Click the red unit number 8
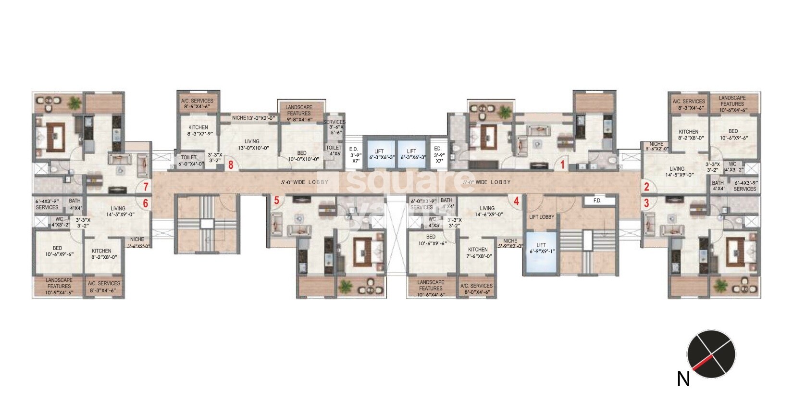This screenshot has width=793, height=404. [231, 165]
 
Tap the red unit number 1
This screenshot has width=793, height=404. [561, 165]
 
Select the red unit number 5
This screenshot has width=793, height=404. [276, 201]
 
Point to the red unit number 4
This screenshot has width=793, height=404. [516, 201]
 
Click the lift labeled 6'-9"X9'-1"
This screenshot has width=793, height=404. [541, 252]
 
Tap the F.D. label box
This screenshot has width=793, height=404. [597, 201]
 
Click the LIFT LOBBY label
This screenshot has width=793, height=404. [542, 217]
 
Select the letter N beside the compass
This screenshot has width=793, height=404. [683, 379]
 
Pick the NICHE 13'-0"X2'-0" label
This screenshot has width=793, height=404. [253, 118]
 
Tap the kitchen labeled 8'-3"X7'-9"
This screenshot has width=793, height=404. [198, 130]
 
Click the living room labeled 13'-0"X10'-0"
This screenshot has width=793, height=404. [252, 145]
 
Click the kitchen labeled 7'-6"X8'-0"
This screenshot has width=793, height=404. [478, 252]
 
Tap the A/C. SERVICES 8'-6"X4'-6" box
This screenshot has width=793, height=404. [197, 104]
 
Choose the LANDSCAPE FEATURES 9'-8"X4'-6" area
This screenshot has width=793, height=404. [299, 114]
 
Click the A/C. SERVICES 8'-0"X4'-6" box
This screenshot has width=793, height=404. [476, 289]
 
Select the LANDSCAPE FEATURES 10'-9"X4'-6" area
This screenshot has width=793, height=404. [59, 286]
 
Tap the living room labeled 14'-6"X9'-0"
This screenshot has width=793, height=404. [487, 211]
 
